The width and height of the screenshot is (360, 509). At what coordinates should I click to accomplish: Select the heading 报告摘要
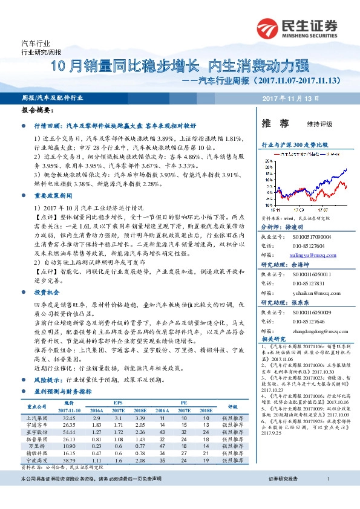point(37,111)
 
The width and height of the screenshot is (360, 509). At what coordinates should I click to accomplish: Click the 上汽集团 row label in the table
point(37,418)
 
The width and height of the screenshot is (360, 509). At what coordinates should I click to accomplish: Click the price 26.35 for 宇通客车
point(68,425)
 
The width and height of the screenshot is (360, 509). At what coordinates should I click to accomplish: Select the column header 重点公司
point(37,406)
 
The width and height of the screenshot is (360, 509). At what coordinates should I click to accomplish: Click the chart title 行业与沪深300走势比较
point(295,145)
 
